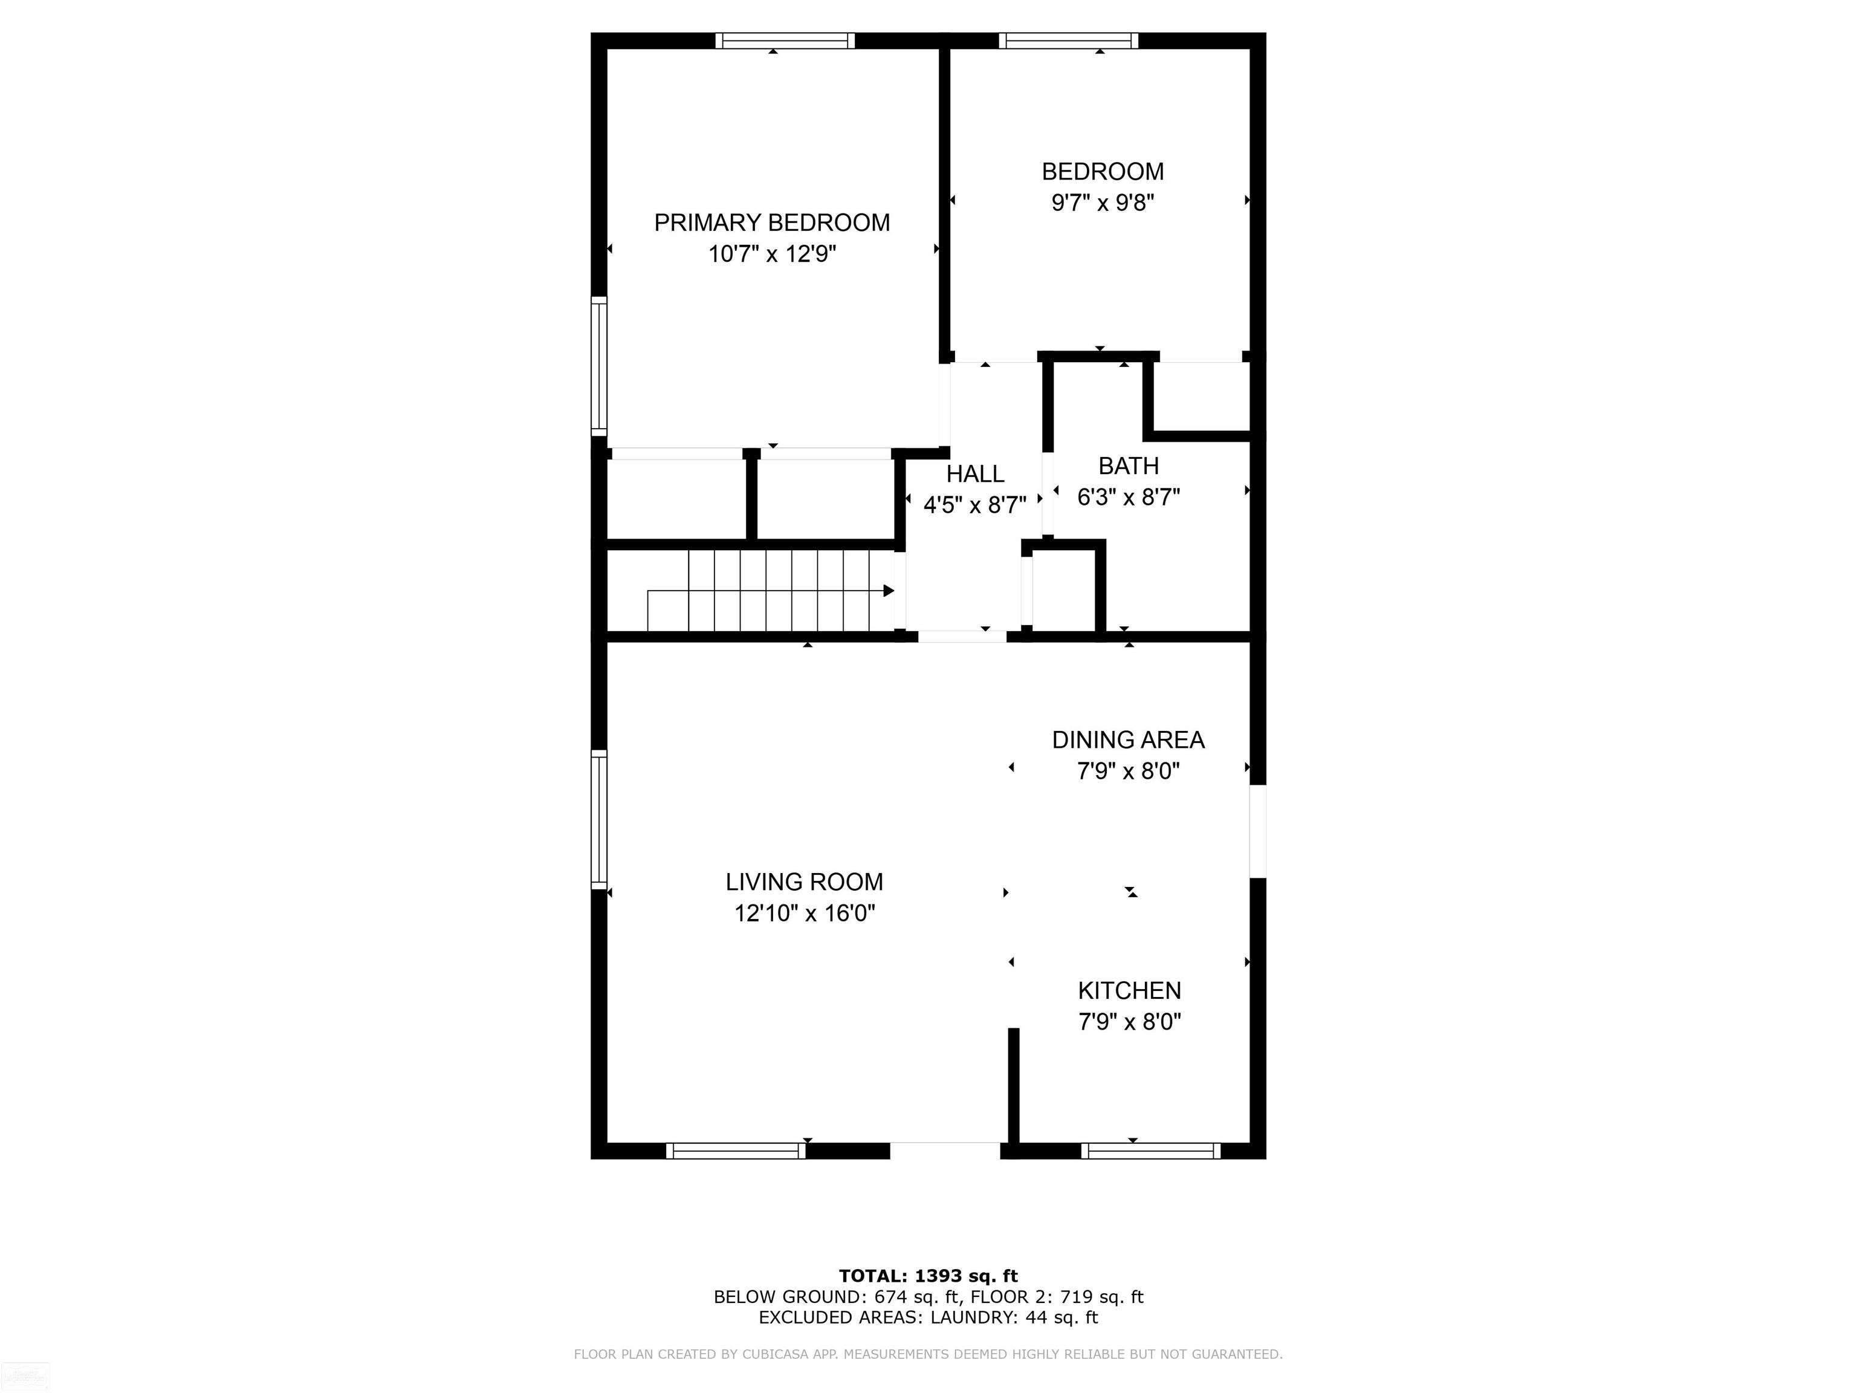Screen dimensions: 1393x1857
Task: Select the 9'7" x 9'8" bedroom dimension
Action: click(1102, 203)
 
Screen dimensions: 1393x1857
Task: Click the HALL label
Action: click(974, 475)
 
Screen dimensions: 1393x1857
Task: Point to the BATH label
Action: click(1129, 466)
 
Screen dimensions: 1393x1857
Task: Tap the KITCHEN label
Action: click(1129, 991)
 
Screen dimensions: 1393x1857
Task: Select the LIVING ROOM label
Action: click(804, 882)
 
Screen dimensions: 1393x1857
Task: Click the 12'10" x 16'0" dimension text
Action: click(804, 914)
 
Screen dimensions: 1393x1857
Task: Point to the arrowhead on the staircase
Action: click(888, 591)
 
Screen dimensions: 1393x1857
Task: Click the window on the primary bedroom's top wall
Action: click(785, 41)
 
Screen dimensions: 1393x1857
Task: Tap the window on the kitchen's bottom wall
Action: click(1150, 1151)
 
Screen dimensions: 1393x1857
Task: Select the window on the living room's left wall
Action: click(598, 819)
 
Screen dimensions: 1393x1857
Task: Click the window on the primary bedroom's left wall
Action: click(598, 366)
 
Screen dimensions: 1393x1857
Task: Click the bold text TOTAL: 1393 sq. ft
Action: click(928, 1276)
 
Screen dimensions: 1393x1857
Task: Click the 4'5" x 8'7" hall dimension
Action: click(974, 505)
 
